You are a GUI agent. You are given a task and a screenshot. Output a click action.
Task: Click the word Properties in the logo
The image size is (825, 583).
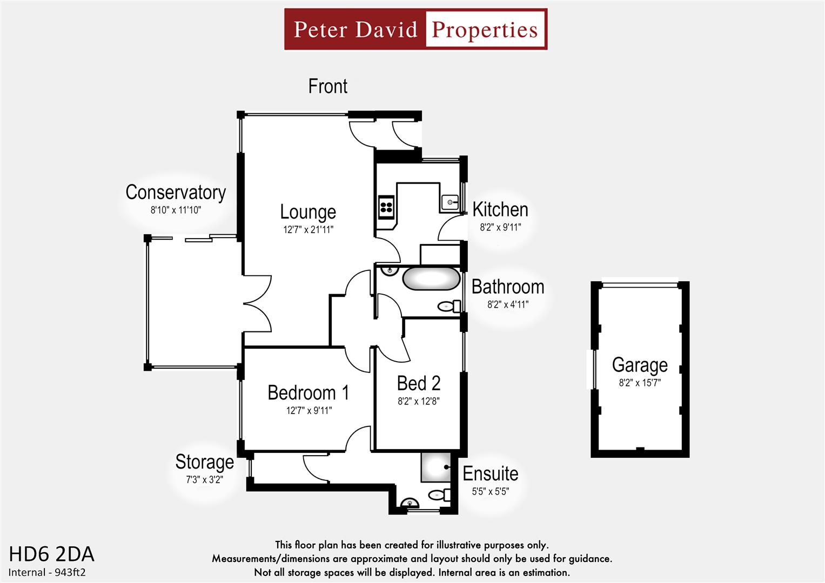coord(485,30)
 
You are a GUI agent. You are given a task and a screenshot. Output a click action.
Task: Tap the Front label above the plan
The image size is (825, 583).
coord(327,86)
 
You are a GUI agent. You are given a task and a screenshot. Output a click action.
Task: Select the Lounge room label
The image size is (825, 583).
coord(308,212)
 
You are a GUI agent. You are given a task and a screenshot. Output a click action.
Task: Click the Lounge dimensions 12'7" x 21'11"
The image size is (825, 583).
coord(308,229)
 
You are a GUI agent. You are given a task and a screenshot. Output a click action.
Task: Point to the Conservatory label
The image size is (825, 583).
coord(176,192)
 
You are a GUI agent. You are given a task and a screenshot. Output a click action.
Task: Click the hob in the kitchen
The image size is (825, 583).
coord(386,208)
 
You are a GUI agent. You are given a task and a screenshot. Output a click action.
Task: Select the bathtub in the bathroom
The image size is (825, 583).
coord(430,279)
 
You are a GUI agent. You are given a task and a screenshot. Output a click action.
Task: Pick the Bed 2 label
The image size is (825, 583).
coord(419,383)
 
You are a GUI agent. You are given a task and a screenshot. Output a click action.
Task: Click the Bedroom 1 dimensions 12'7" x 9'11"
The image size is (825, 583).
coord(308,410)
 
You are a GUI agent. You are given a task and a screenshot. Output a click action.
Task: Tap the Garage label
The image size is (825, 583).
coord(640,365)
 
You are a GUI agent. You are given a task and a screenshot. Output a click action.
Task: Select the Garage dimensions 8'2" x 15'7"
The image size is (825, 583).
coord(640,383)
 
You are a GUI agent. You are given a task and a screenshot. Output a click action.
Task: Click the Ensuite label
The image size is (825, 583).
coord(490,473)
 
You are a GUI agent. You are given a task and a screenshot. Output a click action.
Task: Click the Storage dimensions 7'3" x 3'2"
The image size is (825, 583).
coord(204,479)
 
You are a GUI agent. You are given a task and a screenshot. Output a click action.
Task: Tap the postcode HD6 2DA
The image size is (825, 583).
coord(52,554)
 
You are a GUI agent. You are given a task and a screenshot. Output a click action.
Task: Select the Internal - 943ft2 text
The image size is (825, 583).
coord(48,572)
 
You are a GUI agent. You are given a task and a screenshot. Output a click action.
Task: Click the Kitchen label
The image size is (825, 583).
coord(500,209)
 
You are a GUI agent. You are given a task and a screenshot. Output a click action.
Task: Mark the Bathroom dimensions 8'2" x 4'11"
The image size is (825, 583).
coord(508,304)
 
